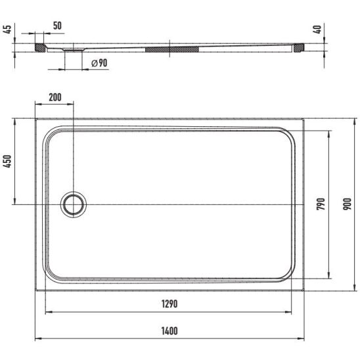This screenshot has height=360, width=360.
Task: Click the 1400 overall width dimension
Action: tap(169, 331)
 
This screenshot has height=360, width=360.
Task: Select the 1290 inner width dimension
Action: tap(169, 304)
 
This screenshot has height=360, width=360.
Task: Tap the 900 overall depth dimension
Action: tap(348, 204)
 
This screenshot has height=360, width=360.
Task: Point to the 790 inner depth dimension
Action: tap(321, 204)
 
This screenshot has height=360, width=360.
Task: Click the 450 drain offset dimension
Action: tap(7, 162)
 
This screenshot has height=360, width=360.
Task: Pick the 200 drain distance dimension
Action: tap(55, 97)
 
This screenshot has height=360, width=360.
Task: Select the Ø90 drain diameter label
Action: tap(99, 63)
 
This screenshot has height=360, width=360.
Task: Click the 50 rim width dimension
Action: tap(57, 26)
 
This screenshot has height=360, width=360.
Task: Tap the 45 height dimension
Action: tap(7, 29)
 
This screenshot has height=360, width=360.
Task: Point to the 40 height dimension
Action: tap(317, 29)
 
